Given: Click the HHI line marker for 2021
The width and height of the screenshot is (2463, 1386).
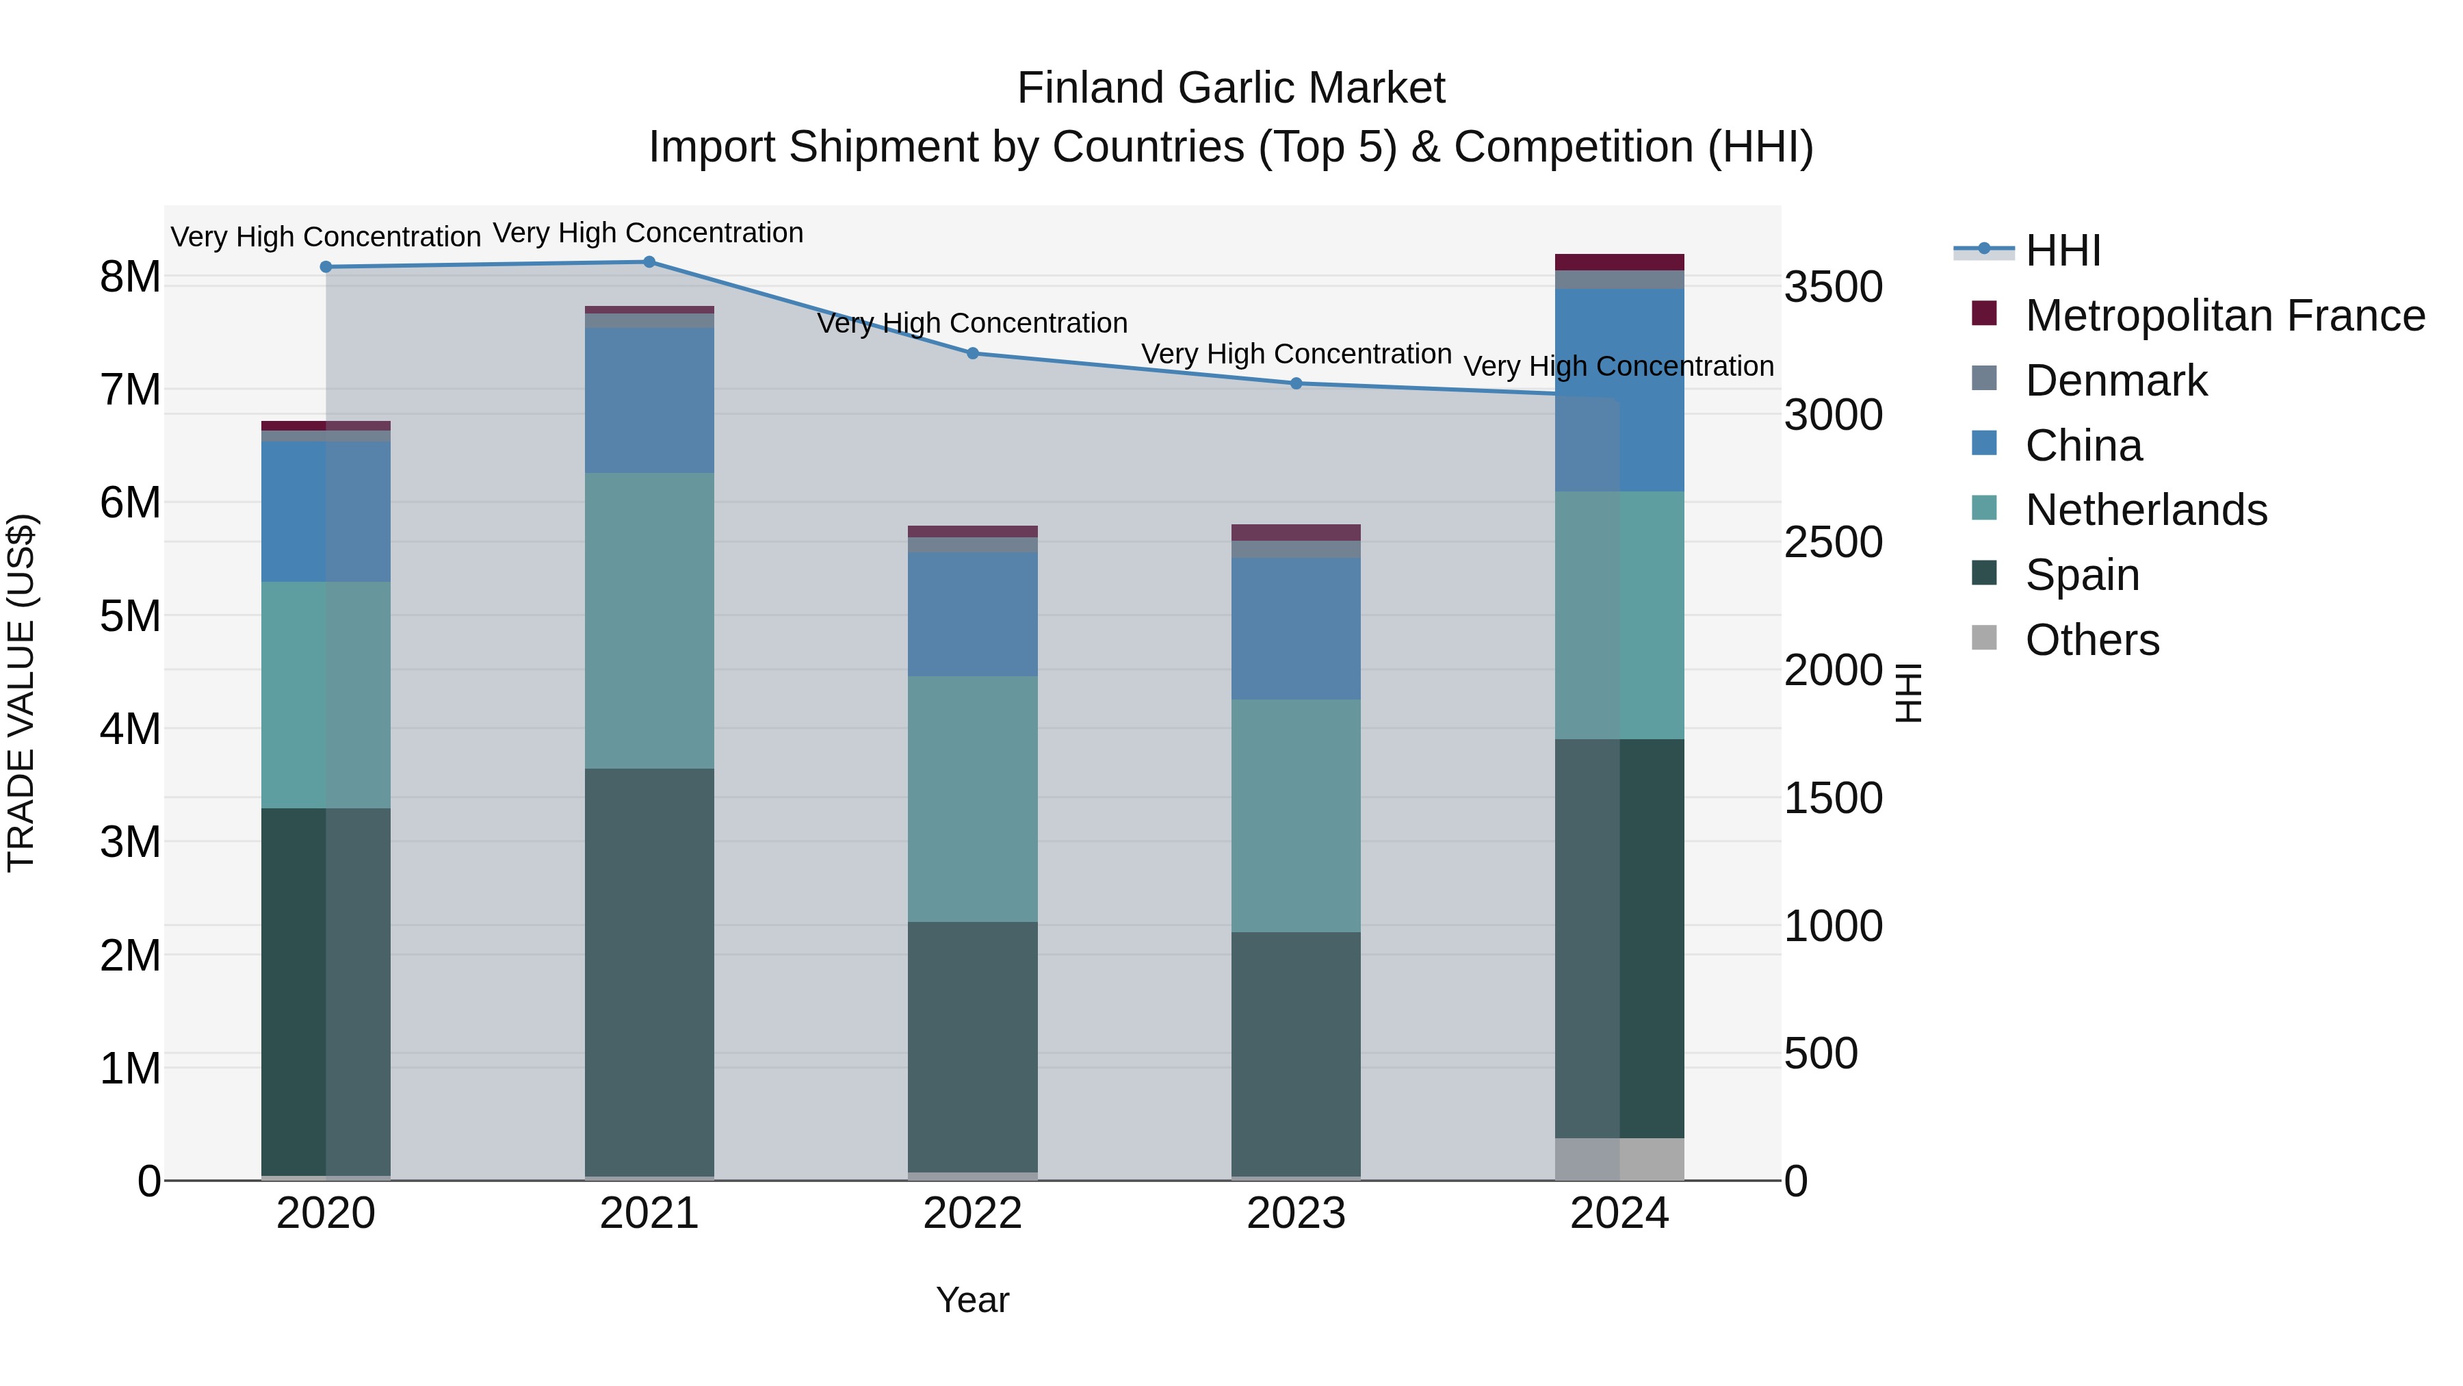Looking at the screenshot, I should point(649,262).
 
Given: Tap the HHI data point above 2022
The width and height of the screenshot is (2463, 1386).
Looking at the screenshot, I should point(972,353).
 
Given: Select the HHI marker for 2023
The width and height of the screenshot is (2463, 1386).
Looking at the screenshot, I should point(1296,383).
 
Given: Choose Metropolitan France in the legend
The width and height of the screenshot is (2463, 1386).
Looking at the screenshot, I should point(2224,316).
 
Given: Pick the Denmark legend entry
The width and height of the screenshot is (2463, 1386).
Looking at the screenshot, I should point(2116,381).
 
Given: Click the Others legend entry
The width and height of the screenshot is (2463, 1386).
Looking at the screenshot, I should point(2092,640).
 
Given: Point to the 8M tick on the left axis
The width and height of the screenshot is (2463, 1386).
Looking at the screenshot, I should point(130,277).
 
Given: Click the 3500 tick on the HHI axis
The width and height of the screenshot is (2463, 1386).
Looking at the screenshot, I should point(1833,287).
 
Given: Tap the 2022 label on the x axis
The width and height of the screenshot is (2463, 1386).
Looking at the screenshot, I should point(972,1214).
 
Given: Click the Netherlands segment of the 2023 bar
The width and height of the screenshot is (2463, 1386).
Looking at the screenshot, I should point(1296,815).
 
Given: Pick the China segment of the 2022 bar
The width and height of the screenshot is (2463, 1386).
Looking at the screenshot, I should point(972,614).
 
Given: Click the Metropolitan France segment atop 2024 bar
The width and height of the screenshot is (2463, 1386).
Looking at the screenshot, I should point(1619,262).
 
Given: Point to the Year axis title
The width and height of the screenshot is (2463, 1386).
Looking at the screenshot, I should point(972,1300).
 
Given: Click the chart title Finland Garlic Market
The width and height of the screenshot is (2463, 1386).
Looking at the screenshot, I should point(1231,88).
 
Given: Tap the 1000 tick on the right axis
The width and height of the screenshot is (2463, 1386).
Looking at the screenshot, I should point(1833,926).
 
